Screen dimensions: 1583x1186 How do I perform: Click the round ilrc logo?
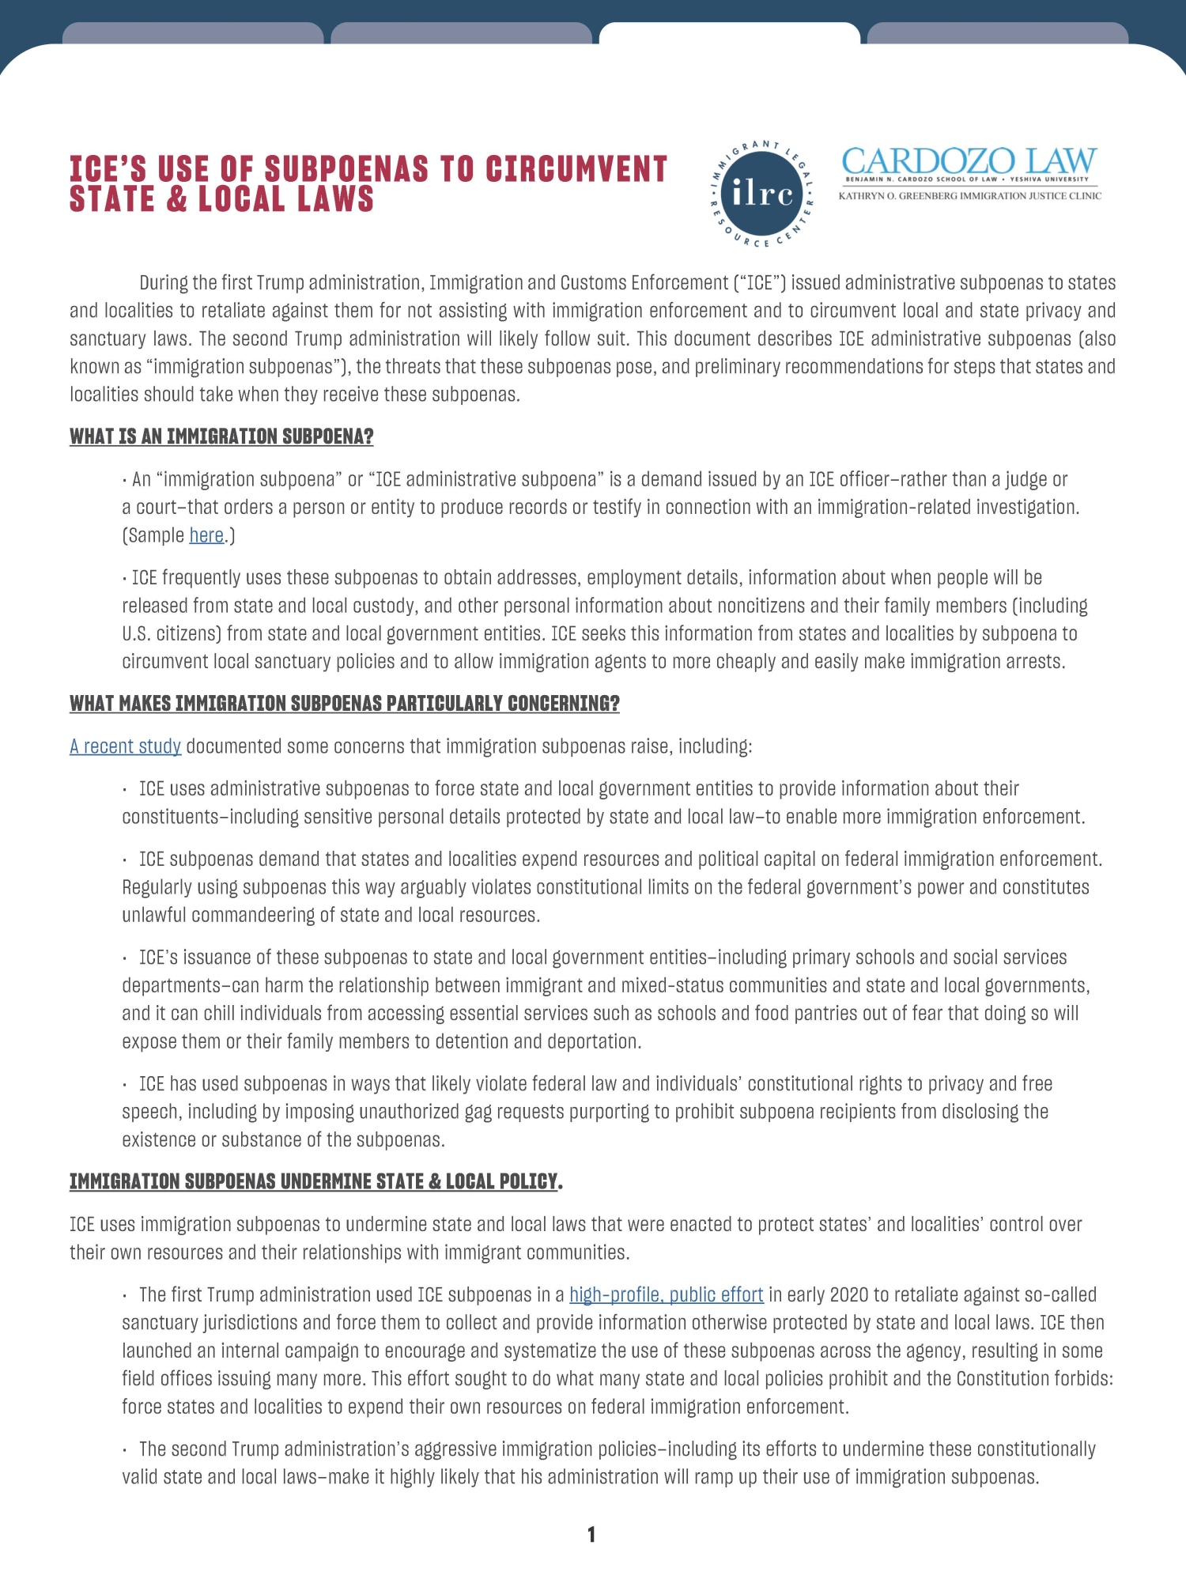762,193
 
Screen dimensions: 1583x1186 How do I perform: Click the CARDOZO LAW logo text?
969,161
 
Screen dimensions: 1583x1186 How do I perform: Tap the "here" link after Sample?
206,535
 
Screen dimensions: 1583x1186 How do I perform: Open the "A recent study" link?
125,746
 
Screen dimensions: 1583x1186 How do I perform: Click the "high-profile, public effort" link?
666,1294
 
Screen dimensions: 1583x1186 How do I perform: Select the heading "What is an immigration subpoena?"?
221,436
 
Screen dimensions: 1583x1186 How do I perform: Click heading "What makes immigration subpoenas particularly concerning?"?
344,704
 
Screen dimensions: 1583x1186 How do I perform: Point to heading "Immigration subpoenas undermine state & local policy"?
314,1181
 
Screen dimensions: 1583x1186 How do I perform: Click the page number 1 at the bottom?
591,1535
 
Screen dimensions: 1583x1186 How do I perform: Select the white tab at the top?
729,33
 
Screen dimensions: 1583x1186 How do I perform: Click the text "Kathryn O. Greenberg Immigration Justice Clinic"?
969,196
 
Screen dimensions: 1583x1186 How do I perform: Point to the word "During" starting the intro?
164,283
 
